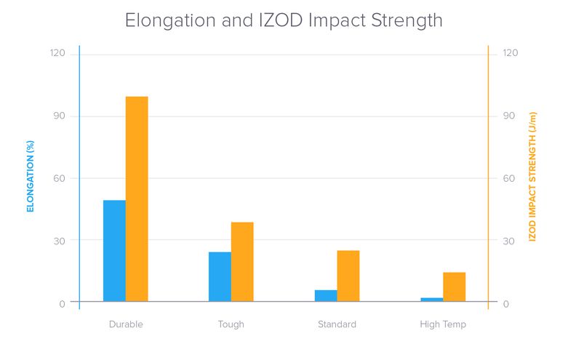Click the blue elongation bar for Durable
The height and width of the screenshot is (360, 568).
[114, 250]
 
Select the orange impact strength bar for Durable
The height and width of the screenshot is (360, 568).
[137, 199]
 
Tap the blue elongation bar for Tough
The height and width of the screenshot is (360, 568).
[220, 276]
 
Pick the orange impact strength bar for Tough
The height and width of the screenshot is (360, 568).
[242, 261]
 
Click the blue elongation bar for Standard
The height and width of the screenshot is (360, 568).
[326, 295]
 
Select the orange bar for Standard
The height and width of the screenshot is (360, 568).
[348, 276]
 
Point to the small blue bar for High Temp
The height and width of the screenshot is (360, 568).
[432, 299]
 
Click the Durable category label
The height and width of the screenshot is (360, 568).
[125, 324]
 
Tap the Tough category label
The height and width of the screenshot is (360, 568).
[231, 324]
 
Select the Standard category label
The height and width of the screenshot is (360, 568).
[337, 324]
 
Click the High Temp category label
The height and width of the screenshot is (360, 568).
[443, 324]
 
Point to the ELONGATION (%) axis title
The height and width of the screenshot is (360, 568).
[31, 177]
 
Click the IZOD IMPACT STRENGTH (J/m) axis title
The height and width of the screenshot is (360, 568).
[532, 177]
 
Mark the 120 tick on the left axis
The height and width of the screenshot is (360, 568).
[57, 53]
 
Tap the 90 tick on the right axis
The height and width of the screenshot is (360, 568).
[509, 116]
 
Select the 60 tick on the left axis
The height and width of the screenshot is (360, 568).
[59, 178]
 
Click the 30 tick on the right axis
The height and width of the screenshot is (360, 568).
[509, 241]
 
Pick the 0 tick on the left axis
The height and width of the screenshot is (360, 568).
[62, 303]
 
